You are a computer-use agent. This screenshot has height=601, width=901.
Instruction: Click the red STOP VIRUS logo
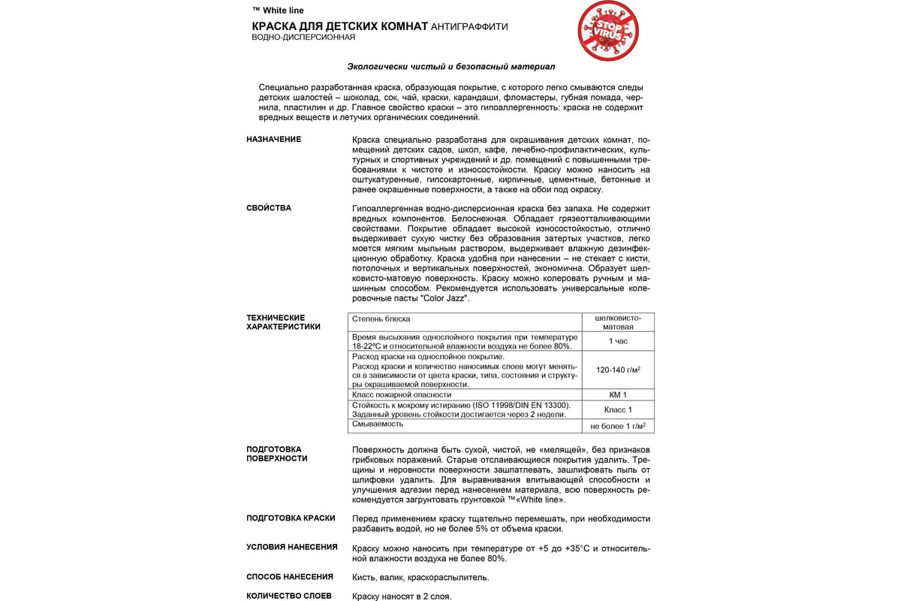point(607,31)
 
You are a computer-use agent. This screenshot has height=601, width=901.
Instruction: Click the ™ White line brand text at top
point(279,11)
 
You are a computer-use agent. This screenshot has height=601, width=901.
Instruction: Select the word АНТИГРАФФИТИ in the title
point(469,27)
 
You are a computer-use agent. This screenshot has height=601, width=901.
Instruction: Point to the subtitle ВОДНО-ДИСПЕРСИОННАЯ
point(303,38)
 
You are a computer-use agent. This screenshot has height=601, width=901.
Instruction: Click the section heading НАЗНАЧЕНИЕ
point(274,140)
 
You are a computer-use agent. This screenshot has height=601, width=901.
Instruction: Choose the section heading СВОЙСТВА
point(269,208)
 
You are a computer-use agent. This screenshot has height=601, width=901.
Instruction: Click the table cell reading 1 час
point(618,341)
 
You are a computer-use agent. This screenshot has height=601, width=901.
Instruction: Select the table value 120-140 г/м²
point(618,370)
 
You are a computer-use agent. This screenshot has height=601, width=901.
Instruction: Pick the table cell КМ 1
point(618,394)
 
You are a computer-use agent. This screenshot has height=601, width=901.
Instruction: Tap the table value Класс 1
point(618,409)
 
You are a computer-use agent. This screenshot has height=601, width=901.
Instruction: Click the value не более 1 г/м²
point(618,426)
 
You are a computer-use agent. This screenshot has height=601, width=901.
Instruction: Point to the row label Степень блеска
point(381,319)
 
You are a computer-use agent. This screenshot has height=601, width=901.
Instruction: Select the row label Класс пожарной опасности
point(402,394)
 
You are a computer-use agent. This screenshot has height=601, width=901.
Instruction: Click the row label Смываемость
point(378,424)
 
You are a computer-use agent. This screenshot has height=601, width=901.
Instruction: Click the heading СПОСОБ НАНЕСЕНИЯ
point(290,577)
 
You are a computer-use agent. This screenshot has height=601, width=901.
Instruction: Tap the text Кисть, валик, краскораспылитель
point(420,578)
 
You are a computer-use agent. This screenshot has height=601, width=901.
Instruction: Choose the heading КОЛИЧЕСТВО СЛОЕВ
point(289,596)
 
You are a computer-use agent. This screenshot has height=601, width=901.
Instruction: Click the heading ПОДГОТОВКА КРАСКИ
point(291,518)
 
